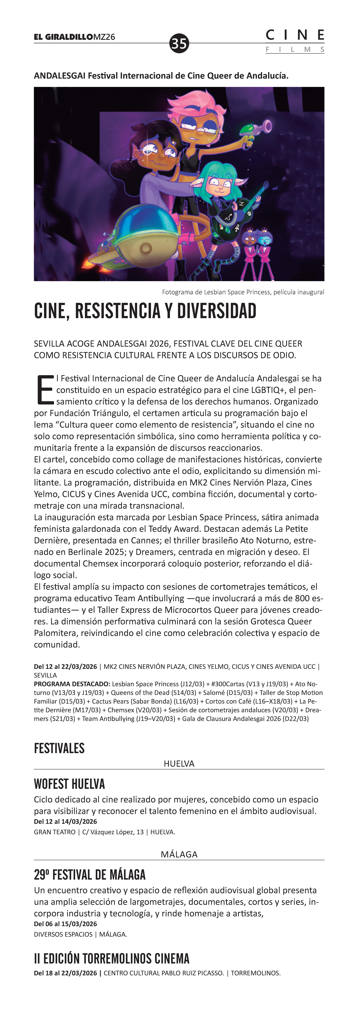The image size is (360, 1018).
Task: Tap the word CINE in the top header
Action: point(295,35)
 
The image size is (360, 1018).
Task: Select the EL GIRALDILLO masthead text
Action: point(63,37)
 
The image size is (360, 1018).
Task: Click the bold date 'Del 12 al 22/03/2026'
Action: point(65,666)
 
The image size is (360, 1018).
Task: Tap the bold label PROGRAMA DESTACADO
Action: point(72,684)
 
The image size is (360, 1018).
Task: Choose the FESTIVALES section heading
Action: point(59,748)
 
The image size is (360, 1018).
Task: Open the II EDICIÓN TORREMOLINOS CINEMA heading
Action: point(111,959)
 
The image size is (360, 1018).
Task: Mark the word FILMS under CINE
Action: point(295,50)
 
